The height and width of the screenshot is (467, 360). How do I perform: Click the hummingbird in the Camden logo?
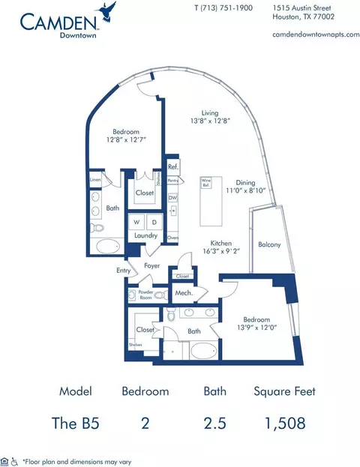[x=109, y=10]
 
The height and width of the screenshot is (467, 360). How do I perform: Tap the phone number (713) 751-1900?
[x=225, y=7]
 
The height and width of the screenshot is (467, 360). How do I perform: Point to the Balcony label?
[x=269, y=244]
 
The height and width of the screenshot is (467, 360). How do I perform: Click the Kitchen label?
[x=221, y=244]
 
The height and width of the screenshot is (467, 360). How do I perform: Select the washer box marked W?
[x=136, y=222]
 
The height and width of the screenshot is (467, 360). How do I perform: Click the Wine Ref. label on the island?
[x=205, y=182]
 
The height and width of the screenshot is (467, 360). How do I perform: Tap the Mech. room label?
[x=182, y=293]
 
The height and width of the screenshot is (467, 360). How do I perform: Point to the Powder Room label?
[x=145, y=295]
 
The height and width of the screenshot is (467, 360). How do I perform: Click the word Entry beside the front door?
[x=123, y=271]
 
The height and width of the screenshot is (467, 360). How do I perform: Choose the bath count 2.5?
[x=214, y=424]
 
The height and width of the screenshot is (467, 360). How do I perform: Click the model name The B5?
[x=79, y=424]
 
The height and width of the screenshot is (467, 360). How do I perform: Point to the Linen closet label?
[x=95, y=179]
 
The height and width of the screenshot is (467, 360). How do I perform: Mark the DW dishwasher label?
[x=172, y=197]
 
